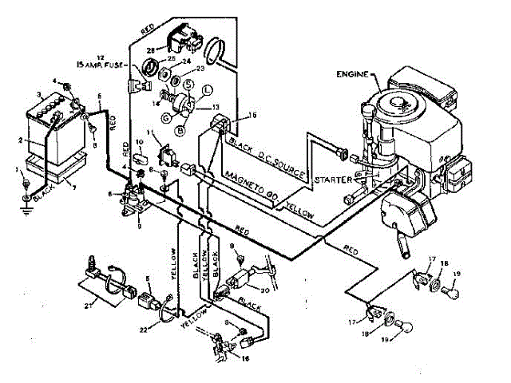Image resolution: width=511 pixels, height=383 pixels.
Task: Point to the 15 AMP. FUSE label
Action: tap(101, 61)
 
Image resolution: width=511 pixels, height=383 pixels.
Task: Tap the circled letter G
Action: tap(165, 118)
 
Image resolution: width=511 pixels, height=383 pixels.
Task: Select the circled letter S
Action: tap(186, 84)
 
